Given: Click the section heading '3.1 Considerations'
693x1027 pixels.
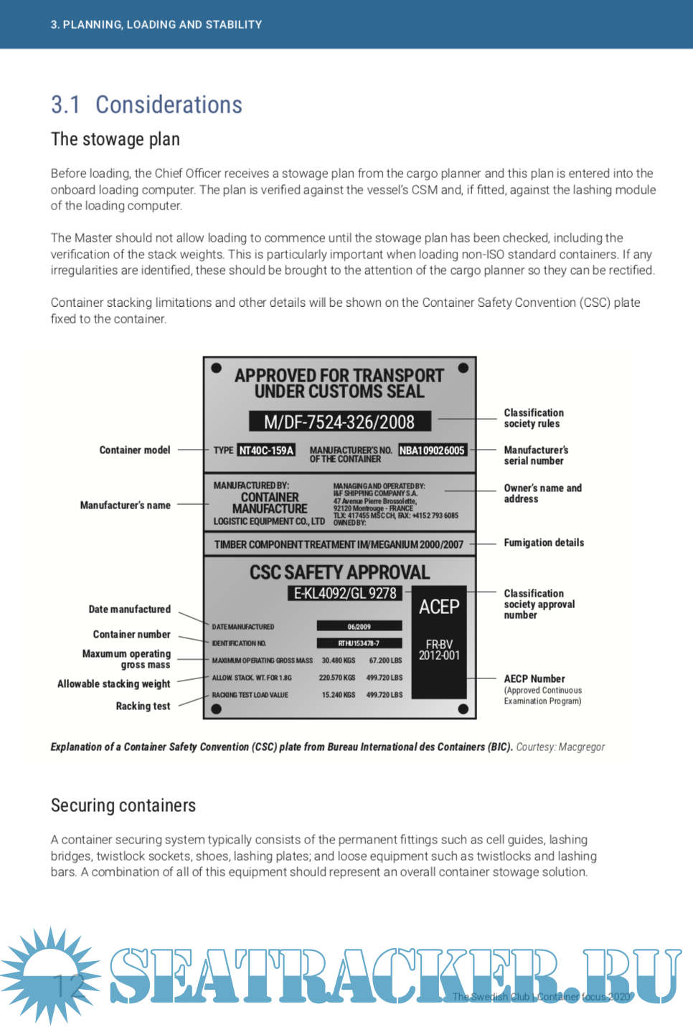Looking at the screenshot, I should pyautogui.click(x=146, y=105).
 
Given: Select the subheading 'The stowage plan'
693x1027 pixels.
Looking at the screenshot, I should pyautogui.click(x=115, y=139).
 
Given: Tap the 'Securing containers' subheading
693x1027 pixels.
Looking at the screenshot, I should pyautogui.click(x=123, y=805).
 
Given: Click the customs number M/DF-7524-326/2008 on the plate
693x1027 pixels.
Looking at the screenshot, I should pyautogui.click(x=339, y=422).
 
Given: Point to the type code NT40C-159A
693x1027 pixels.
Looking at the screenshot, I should pyautogui.click(x=266, y=450).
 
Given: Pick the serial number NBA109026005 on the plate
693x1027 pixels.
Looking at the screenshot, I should pyautogui.click(x=432, y=450).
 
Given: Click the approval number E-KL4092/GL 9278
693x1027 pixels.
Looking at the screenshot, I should pyautogui.click(x=345, y=593).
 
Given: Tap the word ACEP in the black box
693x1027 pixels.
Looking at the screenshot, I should pyautogui.click(x=439, y=607).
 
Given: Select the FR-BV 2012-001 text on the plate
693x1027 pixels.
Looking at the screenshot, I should pyautogui.click(x=439, y=650).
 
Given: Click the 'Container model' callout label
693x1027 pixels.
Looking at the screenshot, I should pyautogui.click(x=135, y=450).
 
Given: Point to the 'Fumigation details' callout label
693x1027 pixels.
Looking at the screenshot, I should pyautogui.click(x=544, y=543).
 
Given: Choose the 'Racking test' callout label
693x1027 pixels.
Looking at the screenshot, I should pyautogui.click(x=143, y=706).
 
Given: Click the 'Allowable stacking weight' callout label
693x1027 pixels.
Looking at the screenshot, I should pyautogui.click(x=113, y=684).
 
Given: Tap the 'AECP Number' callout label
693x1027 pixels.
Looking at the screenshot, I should pyautogui.click(x=534, y=678).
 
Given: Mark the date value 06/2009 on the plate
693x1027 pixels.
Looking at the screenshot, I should pyautogui.click(x=359, y=626).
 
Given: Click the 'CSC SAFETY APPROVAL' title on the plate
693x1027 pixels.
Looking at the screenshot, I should pyautogui.click(x=339, y=572).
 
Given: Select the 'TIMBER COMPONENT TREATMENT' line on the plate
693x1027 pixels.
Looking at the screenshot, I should pyautogui.click(x=339, y=544).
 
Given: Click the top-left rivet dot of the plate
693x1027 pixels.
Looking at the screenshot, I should pyautogui.click(x=216, y=369).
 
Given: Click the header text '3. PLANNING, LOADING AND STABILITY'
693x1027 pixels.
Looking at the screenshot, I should pyautogui.click(x=156, y=24).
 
